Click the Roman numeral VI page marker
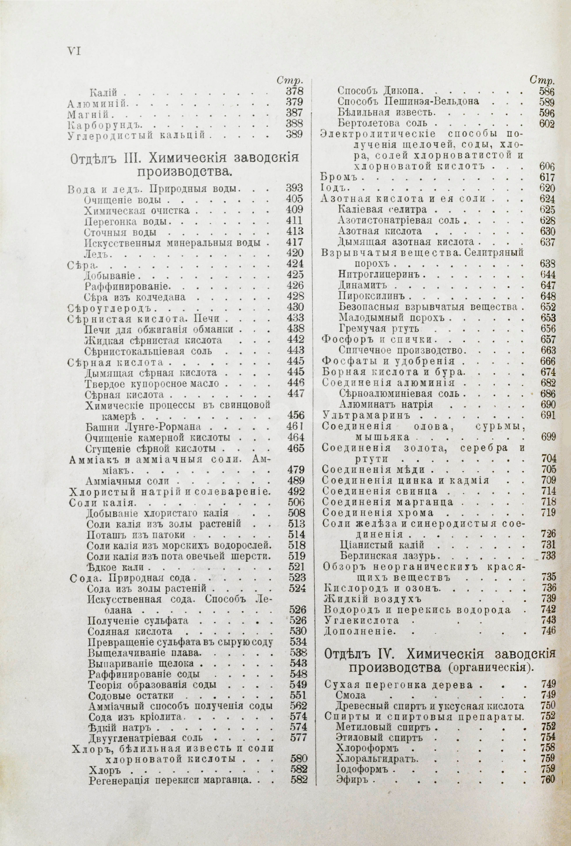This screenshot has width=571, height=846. click(74, 51)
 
